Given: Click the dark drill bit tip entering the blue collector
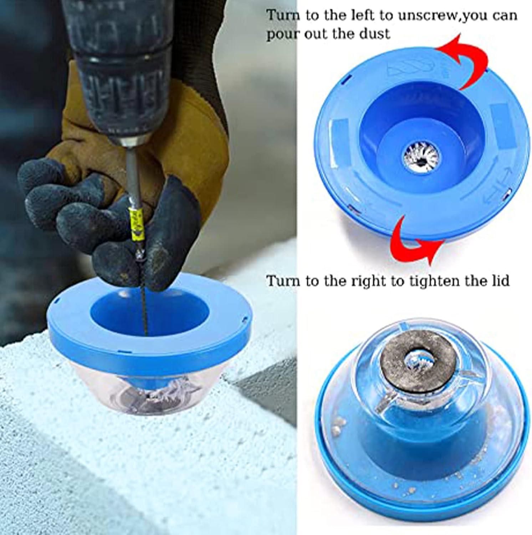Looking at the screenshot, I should tap(145, 314).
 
